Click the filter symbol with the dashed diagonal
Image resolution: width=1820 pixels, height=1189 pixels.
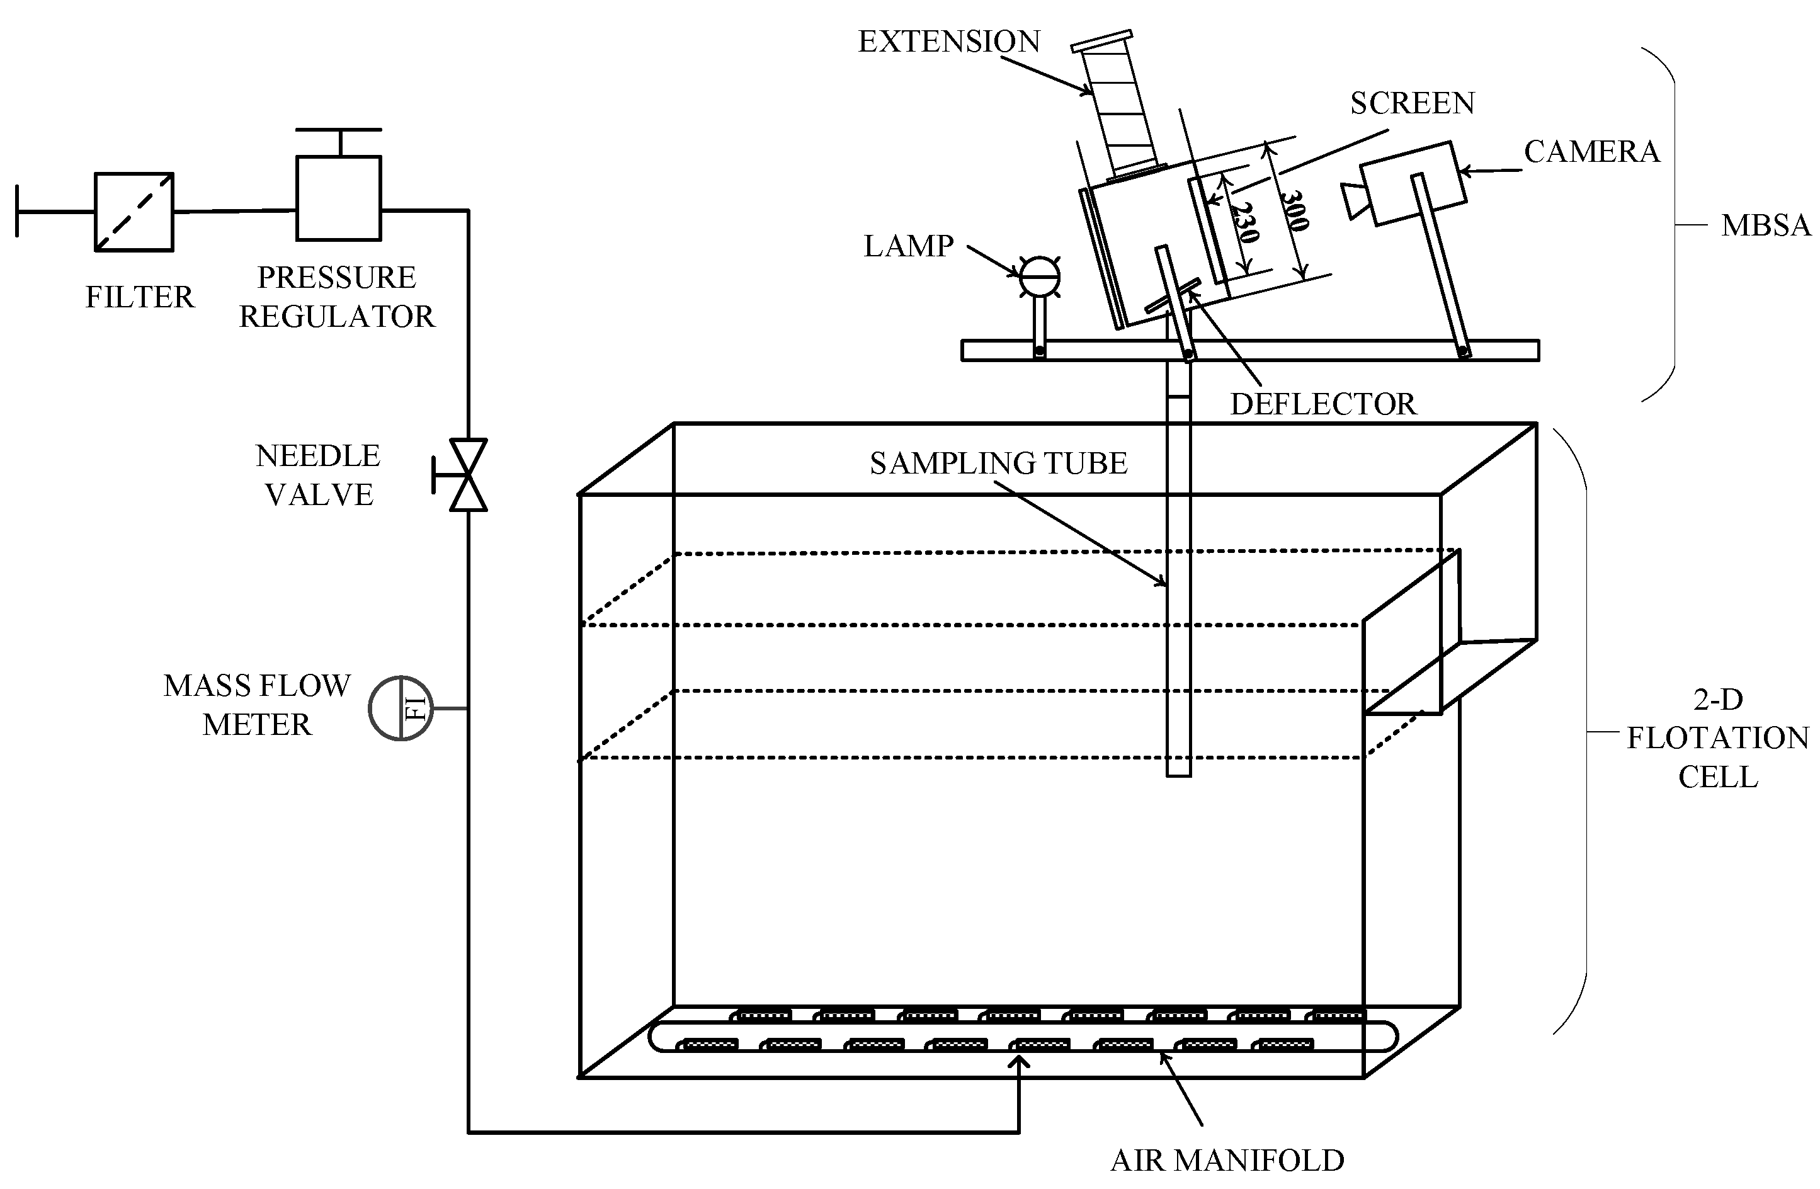134,212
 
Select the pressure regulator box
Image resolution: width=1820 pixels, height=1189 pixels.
338,198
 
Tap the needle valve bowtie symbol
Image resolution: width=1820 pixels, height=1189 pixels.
467,475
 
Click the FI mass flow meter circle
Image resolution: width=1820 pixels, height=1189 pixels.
401,708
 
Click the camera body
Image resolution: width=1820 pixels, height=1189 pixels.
1413,183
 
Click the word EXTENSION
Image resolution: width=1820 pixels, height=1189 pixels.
948,42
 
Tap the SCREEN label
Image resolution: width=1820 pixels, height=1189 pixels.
1412,103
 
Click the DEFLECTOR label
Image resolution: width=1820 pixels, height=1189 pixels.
1322,404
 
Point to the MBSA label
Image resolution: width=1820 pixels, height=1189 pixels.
1765,225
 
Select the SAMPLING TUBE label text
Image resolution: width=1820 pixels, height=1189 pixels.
998,464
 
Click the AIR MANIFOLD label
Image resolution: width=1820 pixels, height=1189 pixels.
1227,1160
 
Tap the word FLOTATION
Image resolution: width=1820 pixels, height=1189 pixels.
1717,738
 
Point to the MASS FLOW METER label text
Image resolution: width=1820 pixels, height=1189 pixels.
257,704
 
